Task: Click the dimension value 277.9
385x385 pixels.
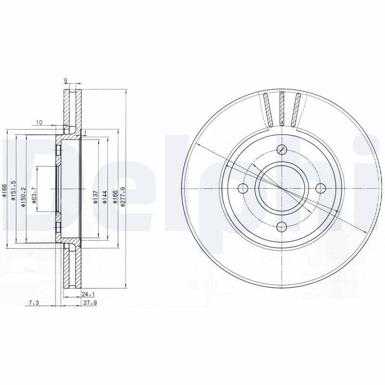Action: [124, 196]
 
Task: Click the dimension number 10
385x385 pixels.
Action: [39, 123]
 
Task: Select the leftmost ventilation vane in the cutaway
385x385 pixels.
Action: [268, 110]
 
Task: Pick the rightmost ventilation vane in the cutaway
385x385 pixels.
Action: [297, 109]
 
